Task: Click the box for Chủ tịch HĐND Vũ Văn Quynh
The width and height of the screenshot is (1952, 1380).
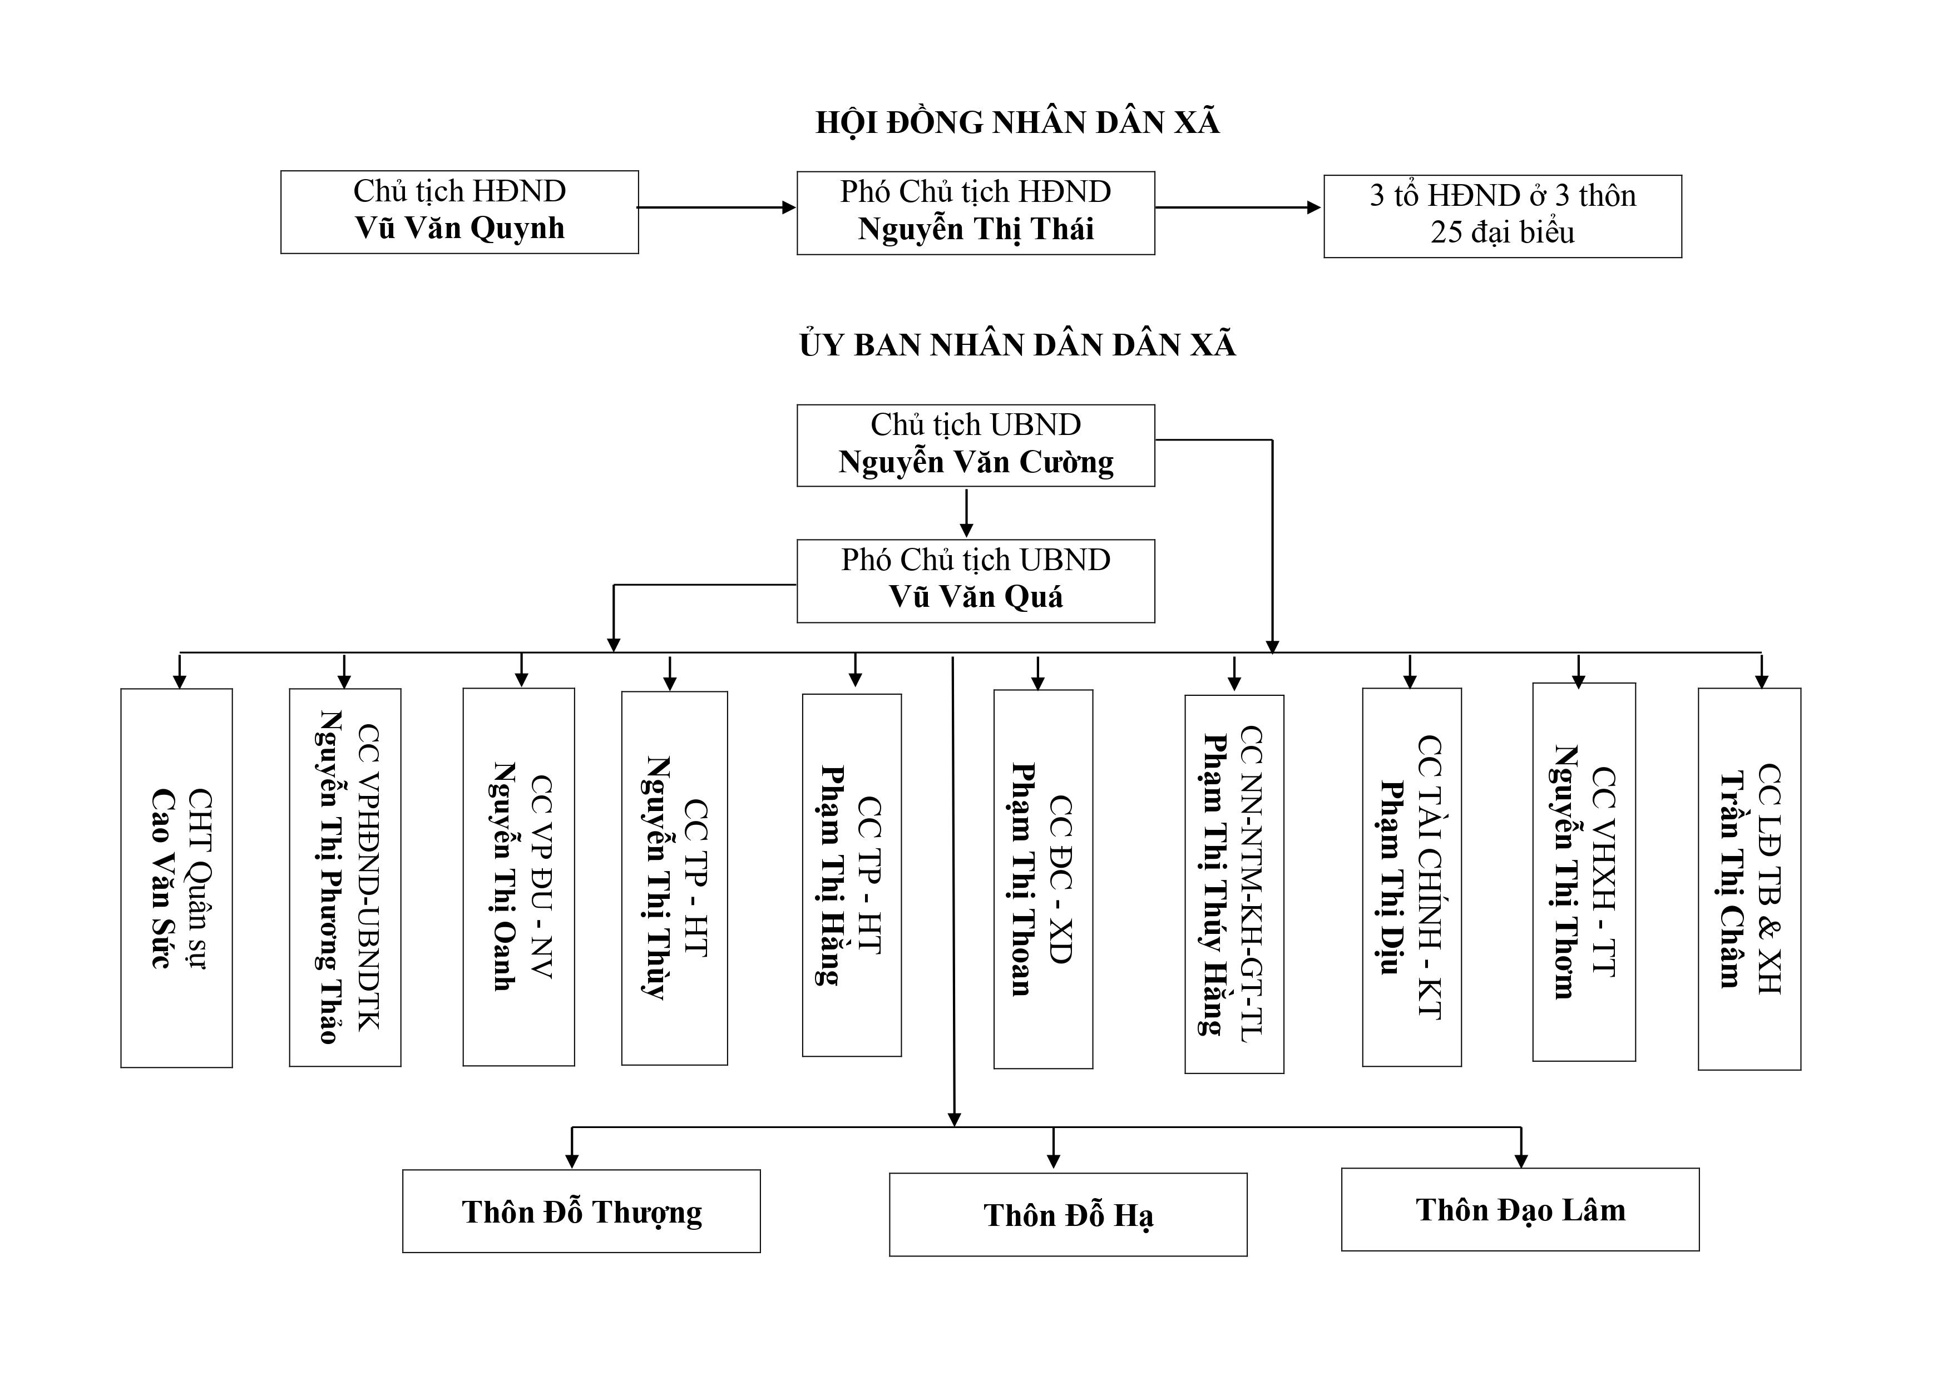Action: coord(459,212)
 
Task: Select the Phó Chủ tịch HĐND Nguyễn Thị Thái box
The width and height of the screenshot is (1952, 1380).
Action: coord(975,212)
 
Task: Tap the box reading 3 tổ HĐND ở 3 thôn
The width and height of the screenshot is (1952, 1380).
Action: coord(1503,216)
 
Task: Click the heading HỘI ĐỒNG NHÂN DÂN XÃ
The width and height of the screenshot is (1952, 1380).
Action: coord(1017,122)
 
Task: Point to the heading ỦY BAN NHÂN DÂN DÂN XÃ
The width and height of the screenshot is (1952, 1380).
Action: coord(1017,344)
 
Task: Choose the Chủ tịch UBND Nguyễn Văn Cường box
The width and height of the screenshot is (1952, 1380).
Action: coord(975,446)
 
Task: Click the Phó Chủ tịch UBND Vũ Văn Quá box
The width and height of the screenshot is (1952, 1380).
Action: coord(975,581)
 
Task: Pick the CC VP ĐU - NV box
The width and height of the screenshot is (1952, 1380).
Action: coord(518,877)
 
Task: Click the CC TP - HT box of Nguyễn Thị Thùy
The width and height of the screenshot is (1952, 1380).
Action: coord(674,878)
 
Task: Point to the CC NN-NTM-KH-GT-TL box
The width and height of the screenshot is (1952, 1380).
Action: coord(1234,884)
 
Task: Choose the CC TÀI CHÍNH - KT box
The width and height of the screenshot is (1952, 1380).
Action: coord(1412,877)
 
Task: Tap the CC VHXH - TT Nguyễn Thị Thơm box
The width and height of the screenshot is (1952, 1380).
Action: coord(1584,872)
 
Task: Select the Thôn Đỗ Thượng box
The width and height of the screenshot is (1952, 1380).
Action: coord(581,1211)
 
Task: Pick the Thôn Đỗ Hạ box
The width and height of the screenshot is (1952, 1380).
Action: coord(1068,1214)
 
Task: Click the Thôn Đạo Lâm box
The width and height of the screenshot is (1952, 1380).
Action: coord(1520,1209)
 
